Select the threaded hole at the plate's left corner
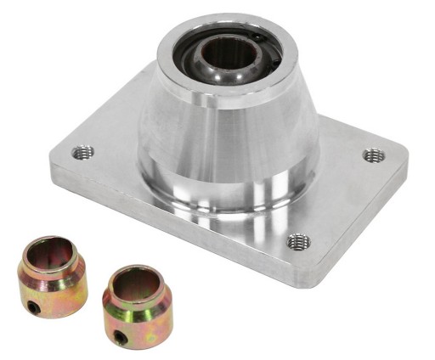click(83, 153)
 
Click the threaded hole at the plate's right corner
click(374, 155)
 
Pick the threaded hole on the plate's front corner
click(298, 242)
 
